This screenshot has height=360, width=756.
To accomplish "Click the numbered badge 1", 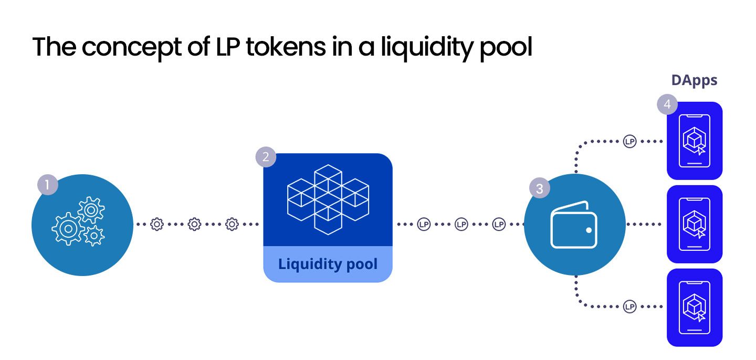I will tap(47, 185).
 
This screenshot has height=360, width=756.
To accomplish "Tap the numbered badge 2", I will tap(266, 157).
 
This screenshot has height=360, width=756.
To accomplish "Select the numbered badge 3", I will tap(539, 188).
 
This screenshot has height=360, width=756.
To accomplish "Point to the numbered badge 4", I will tap(667, 104).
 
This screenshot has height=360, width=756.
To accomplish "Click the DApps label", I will tap(694, 80).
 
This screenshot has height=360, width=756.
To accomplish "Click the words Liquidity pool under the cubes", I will tap(328, 263).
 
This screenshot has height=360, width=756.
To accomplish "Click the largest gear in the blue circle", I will tap(68, 228).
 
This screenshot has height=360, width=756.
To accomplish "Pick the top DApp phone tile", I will tap(695, 141).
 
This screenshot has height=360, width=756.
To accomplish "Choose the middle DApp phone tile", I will tap(695, 224).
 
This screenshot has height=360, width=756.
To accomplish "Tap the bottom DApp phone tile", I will tap(695, 308).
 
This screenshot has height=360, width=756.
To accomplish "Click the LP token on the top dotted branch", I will tap(629, 141).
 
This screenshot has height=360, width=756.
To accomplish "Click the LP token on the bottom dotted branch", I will tap(629, 306).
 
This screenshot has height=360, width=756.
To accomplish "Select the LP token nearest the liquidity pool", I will tap(424, 224).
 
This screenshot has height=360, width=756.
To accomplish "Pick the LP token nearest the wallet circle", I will tap(499, 224).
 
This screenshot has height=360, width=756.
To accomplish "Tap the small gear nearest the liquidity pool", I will tap(232, 224).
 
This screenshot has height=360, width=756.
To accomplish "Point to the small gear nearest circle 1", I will tap(156, 224).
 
